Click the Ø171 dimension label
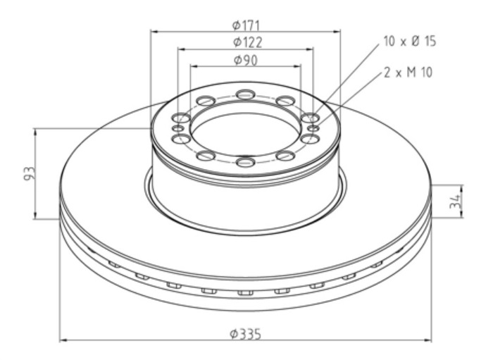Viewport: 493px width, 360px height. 246,25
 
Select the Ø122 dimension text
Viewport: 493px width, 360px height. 247,42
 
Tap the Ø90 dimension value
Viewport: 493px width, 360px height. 246,60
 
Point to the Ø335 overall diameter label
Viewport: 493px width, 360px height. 245,334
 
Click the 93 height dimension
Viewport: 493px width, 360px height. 30,173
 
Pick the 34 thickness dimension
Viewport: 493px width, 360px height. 455,201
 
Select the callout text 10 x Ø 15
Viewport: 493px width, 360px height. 410,41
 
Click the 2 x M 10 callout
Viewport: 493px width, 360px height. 408,73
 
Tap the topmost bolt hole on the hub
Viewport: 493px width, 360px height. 246,94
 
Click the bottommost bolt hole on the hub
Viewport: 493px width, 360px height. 245,162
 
